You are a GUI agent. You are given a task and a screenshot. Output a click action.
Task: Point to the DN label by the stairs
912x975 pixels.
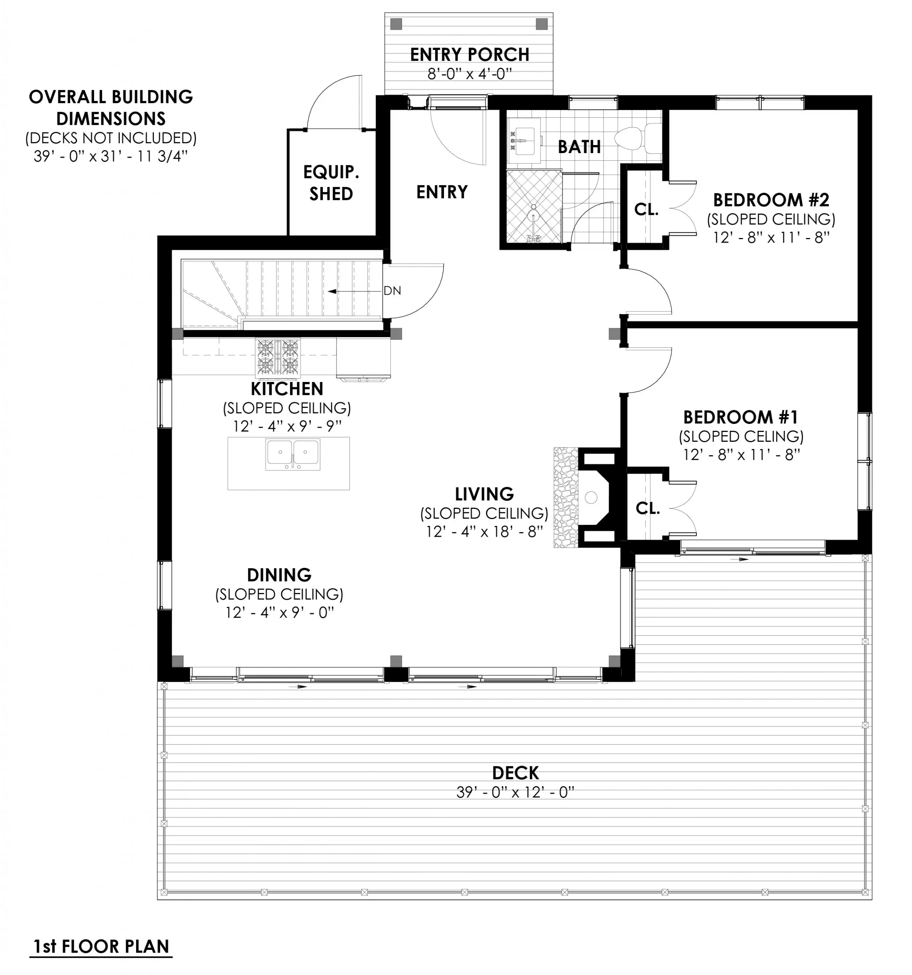(392, 291)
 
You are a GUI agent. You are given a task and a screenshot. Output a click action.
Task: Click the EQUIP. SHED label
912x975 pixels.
(331, 183)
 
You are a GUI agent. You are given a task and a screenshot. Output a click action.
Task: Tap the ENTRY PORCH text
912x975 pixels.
(469, 54)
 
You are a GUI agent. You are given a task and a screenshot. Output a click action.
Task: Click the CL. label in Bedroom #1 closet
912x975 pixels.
(648, 508)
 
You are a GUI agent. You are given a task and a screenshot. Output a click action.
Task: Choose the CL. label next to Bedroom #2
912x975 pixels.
(646, 209)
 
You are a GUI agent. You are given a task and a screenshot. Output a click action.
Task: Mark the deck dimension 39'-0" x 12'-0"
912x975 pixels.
(515, 793)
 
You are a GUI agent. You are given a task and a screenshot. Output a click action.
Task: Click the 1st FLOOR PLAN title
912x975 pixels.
(101, 946)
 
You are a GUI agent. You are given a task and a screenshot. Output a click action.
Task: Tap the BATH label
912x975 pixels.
(579, 147)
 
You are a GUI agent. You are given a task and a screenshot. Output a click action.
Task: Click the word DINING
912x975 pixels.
(279, 575)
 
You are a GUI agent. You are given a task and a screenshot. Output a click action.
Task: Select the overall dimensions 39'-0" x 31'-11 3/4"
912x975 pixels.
(111, 157)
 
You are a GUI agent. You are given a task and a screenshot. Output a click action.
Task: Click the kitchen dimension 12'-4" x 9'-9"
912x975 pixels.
(287, 426)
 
